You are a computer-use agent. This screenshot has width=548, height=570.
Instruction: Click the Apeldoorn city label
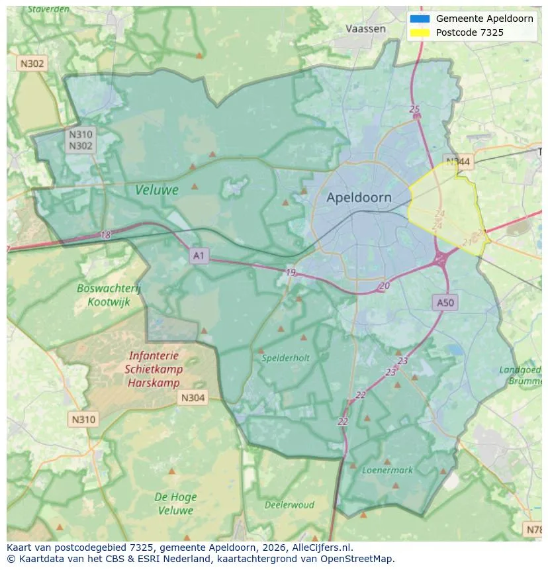tap(359, 197)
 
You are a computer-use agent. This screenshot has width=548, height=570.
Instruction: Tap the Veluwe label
tap(157, 190)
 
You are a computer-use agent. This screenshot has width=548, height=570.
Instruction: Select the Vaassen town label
tap(365, 28)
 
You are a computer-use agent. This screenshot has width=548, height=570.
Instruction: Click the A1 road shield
tap(199, 255)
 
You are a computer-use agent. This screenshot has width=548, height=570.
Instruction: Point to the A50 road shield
tap(445, 303)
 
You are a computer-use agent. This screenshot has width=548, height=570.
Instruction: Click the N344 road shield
tap(458, 162)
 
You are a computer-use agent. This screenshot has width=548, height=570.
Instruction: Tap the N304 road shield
tap(193, 397)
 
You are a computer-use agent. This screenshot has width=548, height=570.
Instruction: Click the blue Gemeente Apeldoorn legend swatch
tap(420, 19)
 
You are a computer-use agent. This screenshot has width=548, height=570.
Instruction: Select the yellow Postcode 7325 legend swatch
tap(420, 32)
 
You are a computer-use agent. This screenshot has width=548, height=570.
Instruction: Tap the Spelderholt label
tap(285, 358)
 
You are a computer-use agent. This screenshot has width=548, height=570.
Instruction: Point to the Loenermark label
tap(387, 470)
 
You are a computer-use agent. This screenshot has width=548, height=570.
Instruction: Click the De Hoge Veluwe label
tap(175, 503)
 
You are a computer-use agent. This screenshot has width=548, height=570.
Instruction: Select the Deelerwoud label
tap(289, 504)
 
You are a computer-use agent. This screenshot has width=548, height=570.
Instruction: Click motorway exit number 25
tap(415, 109)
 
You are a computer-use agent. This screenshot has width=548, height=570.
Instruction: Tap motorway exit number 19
tap(291, 272)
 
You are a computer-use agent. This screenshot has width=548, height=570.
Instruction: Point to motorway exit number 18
tap(106, 235)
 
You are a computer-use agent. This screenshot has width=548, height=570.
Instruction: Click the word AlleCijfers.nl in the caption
tap(322, 547)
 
